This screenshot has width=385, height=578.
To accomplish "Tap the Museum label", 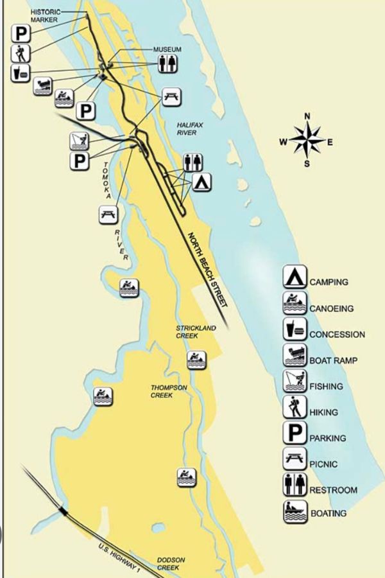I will [167, 49].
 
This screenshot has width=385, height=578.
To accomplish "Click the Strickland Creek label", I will [196, 331].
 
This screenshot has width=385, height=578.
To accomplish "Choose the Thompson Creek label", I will [169, 391].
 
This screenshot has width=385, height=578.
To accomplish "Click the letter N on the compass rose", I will [307, 116].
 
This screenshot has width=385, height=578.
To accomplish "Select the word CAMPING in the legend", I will [329, 282].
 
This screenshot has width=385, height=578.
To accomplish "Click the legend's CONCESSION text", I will [337, 335].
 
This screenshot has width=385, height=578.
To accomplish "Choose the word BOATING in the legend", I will [328, 513].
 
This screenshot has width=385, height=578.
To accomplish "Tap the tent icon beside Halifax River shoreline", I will [202, 182].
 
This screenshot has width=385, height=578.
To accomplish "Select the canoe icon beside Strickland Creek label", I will [196, 360].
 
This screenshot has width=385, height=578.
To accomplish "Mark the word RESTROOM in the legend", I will [333, 490].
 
